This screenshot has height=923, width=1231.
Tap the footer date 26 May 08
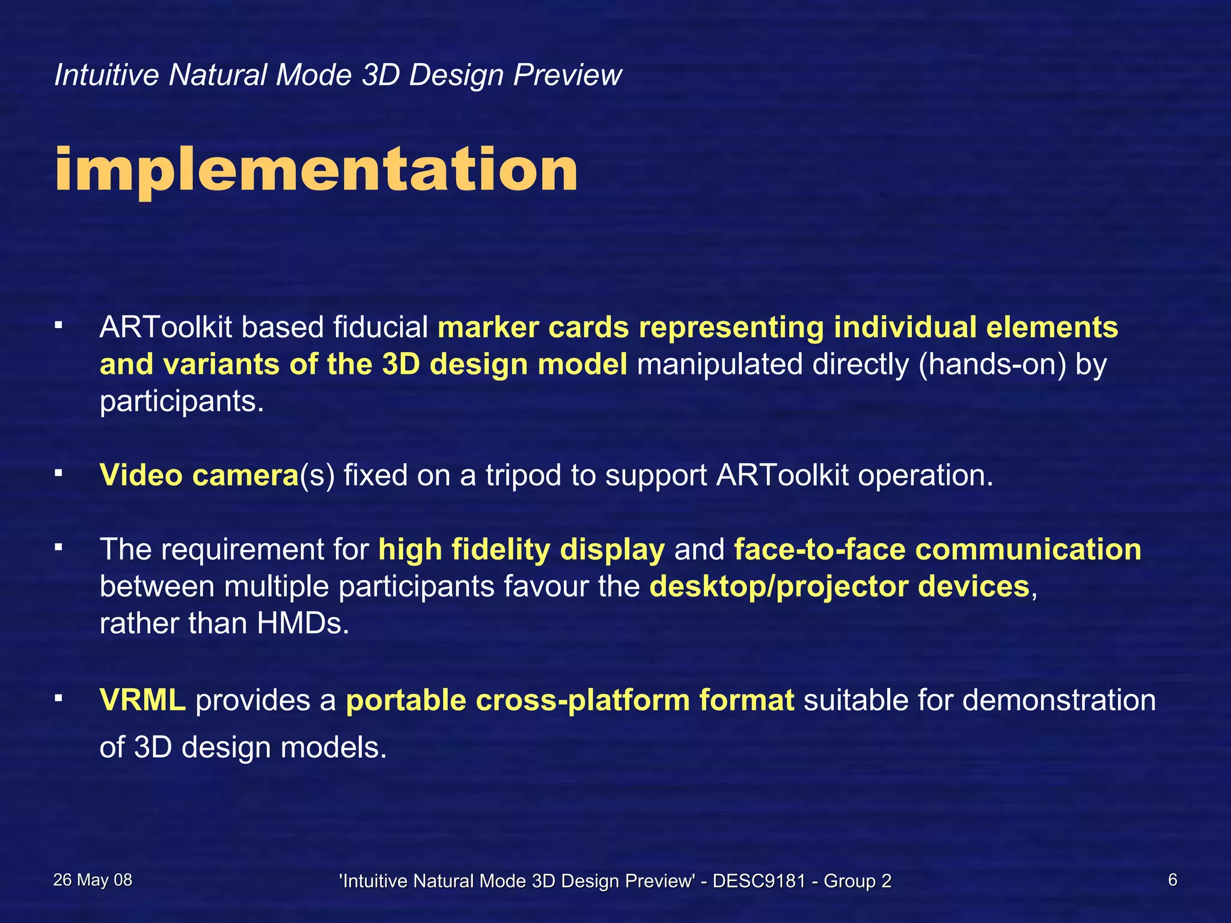93,880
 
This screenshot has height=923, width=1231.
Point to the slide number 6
1172,880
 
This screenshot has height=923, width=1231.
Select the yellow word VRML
142,700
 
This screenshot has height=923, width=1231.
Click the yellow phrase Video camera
199,475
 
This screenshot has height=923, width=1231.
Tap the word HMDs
302,623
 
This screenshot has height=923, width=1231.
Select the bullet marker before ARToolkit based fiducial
58,325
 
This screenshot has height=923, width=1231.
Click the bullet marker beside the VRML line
58,698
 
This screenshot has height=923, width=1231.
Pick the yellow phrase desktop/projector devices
839,586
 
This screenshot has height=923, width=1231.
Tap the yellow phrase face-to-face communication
937,549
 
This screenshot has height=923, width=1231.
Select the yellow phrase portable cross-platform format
570,700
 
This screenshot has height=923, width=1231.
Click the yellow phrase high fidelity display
521,549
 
